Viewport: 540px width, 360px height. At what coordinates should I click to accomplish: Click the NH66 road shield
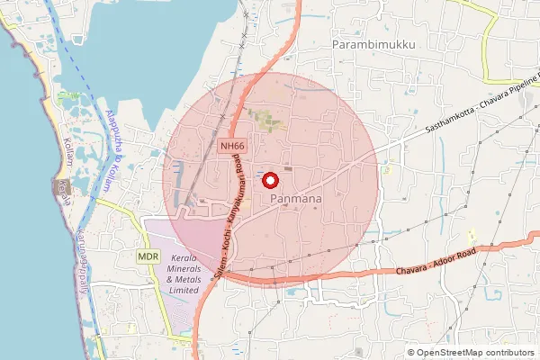tap(231, 146)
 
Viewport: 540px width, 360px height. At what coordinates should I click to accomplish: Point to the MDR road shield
tap(149, 256)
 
